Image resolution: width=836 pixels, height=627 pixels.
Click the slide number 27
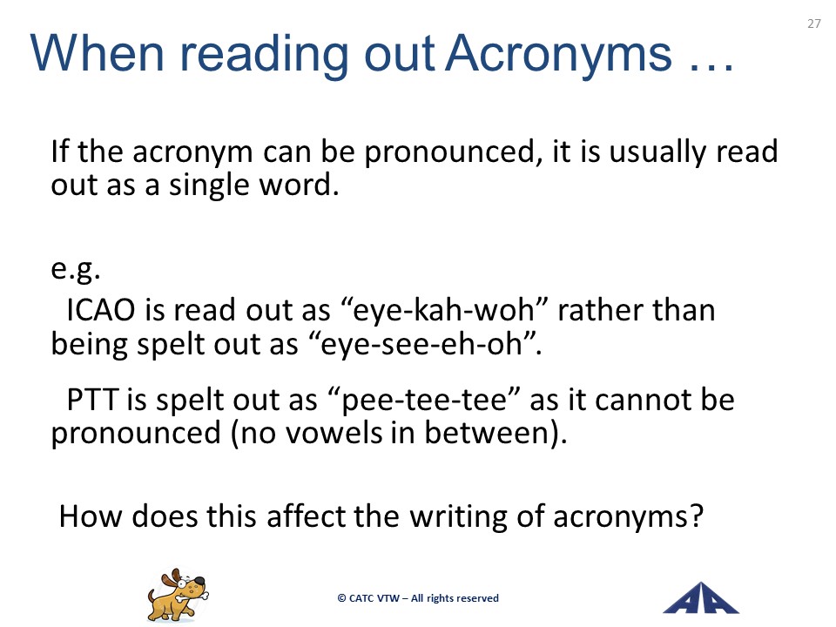813,24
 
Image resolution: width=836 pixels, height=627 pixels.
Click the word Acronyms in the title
559,54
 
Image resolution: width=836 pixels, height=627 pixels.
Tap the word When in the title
97,53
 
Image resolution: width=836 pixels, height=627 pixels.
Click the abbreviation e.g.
75,269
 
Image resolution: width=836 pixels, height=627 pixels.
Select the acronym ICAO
101,310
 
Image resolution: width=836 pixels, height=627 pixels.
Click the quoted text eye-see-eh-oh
423,344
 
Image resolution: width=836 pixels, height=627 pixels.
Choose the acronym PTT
92,400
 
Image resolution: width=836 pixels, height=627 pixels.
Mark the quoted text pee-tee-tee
424,401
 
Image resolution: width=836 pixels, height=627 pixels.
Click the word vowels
334,433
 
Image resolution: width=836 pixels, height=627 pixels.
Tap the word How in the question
90,516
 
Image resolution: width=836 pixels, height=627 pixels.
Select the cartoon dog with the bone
178,595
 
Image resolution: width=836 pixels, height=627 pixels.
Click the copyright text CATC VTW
374,598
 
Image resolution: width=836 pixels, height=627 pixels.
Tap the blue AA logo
700,598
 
